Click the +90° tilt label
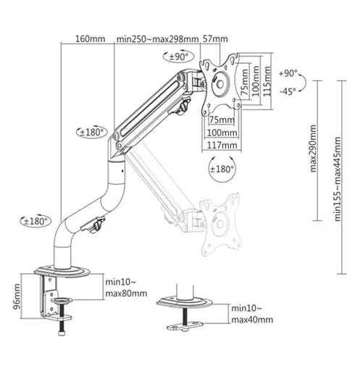tap(288, 73)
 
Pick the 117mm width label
tap(222, 146)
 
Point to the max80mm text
tap(126, 293)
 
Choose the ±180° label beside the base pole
tap(35, 221)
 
